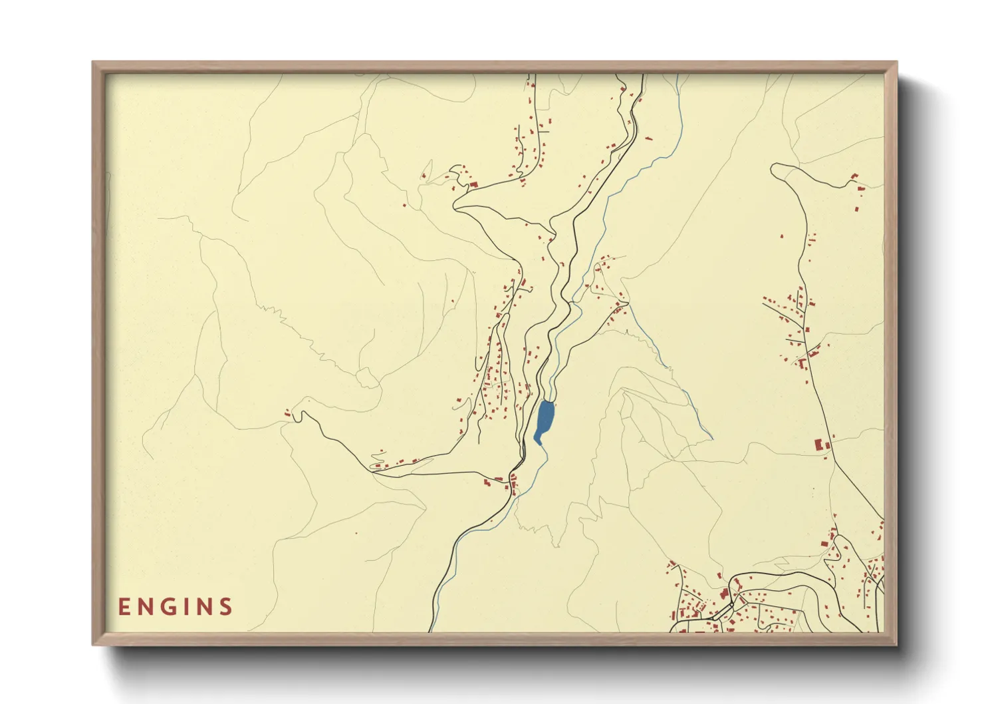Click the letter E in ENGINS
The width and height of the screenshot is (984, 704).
coord(124,607)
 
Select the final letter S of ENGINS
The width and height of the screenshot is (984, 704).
coord(226,607)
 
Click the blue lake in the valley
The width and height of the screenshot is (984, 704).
coord(545,418)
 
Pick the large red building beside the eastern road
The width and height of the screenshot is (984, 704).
coord(819,444)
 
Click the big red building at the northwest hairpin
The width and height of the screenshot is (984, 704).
coord(473,185)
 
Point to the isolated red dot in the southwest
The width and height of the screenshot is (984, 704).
coord(356,532)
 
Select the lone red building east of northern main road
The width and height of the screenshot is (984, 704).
coord(648,138)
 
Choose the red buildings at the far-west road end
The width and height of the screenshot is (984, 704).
coord(288,414)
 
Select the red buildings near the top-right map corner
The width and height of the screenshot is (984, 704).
coord(856,183)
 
